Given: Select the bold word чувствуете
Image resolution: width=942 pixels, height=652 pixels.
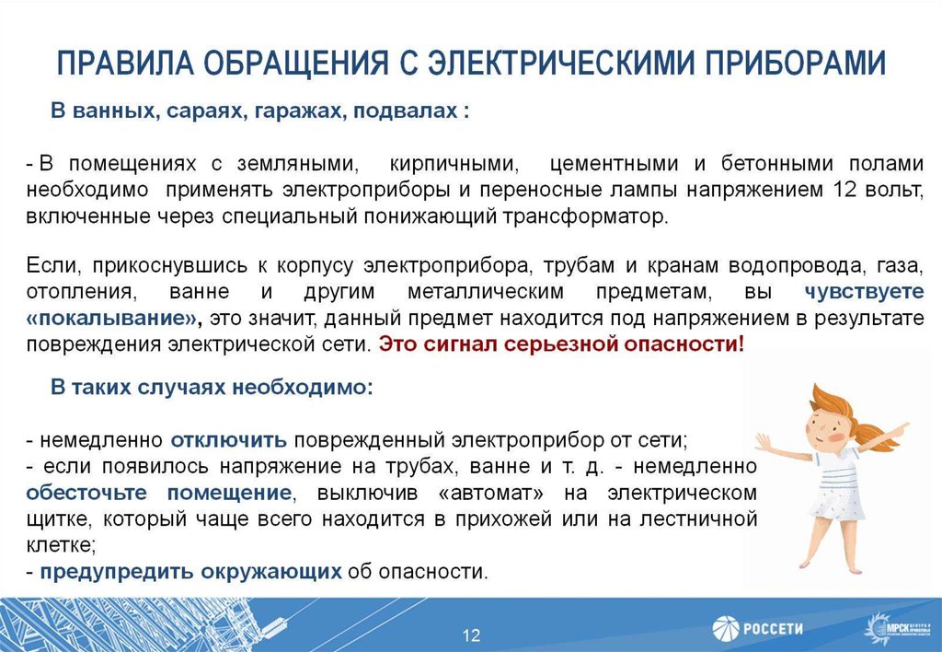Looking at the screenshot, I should (863, 293).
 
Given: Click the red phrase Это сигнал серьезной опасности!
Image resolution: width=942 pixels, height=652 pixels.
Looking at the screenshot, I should (561, 344).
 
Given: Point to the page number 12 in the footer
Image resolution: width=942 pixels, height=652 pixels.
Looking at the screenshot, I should (471, 635).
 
